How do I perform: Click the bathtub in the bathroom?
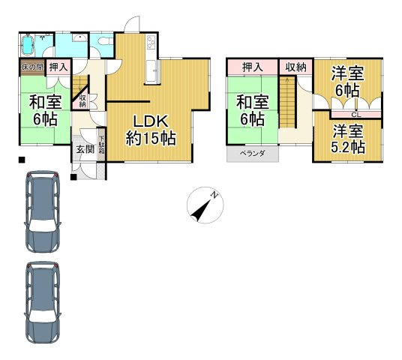(28, 45)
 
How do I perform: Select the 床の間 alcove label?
(32, 67)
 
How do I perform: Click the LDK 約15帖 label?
(151, 130)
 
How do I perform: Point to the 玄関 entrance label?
(85, 149)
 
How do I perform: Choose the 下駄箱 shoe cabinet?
(101, 145)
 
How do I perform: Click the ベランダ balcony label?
(252, 154)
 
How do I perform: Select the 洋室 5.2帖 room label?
(348, 139)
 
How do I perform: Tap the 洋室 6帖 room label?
(348, 82)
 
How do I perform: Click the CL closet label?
(355, 115)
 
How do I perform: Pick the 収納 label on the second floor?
(296, 67)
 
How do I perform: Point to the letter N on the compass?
(214, 195)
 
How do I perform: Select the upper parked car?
(43, 211)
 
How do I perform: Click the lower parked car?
(43, 302)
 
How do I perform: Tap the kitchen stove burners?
(151, 42)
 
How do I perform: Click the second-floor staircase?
(287, 102)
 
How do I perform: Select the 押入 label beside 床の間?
(58, 67)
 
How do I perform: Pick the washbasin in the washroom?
(79, 38)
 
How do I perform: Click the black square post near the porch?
(73, 177)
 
